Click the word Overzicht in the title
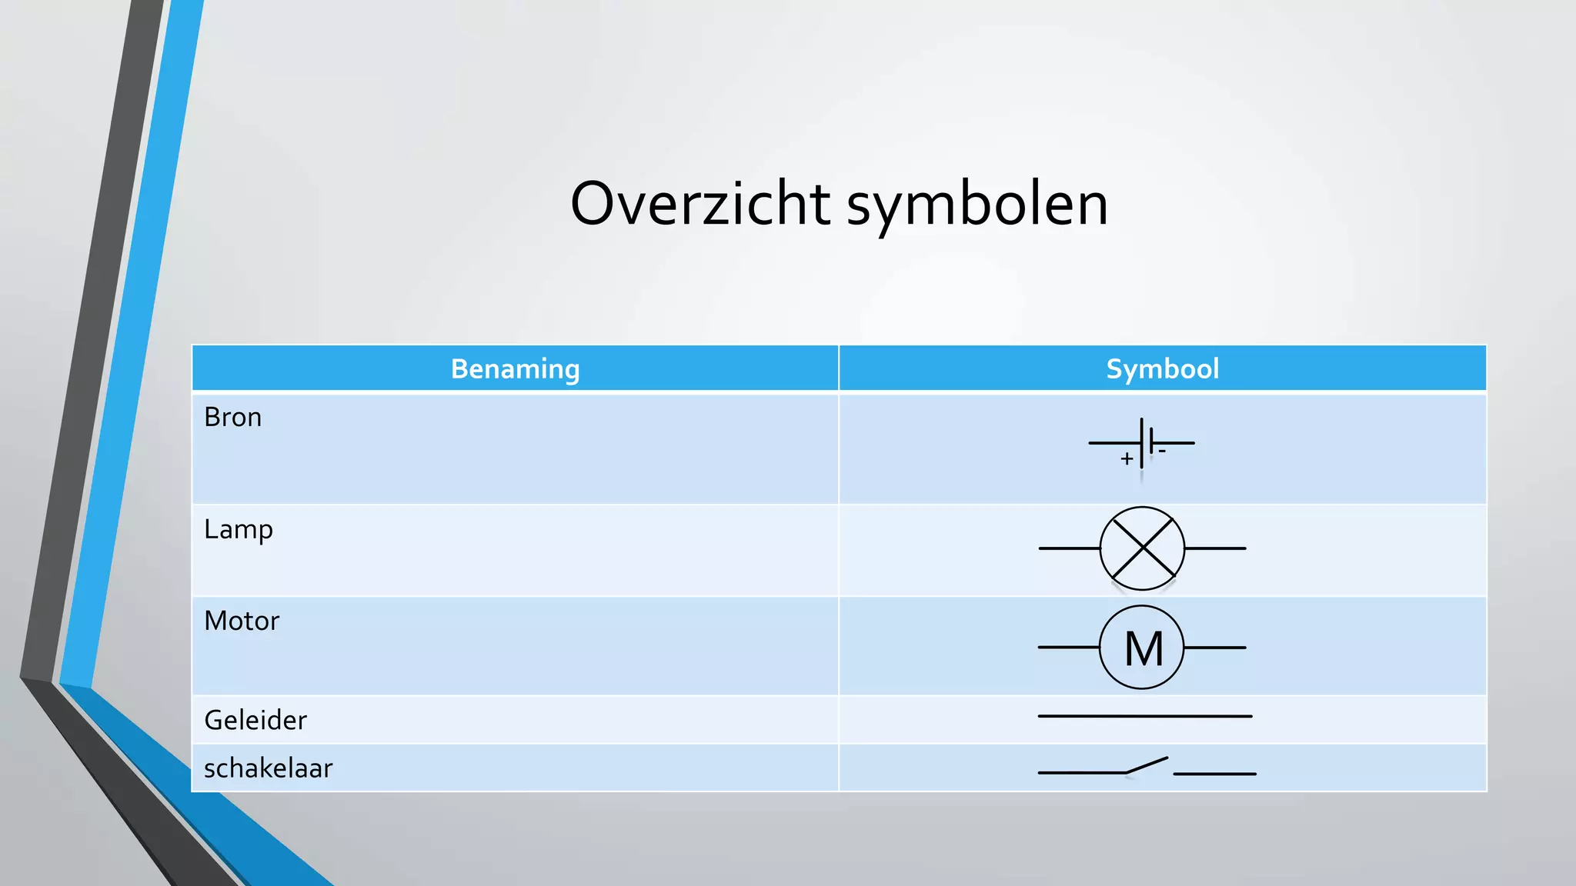[700, 204]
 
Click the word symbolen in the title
[977, 205]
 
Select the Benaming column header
[515, 369]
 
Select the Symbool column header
[1162, 369]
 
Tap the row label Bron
[232, 418]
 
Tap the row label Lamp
[239, 530]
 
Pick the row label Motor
[242, 621]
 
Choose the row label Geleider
[255, 721]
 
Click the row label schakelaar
[268, 768]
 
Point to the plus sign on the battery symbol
[1127, 459]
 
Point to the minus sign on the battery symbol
[1162, 451]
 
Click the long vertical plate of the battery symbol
[1141, 443]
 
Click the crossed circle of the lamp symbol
[1142, 548]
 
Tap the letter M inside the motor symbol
[1144, 648]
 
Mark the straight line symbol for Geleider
[1145, 716]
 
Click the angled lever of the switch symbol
[1147, 765]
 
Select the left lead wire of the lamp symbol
[1069, 548]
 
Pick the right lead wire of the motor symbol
[1215, 648]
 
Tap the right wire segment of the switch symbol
[1214, 774]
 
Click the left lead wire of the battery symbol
[1114, 443]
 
